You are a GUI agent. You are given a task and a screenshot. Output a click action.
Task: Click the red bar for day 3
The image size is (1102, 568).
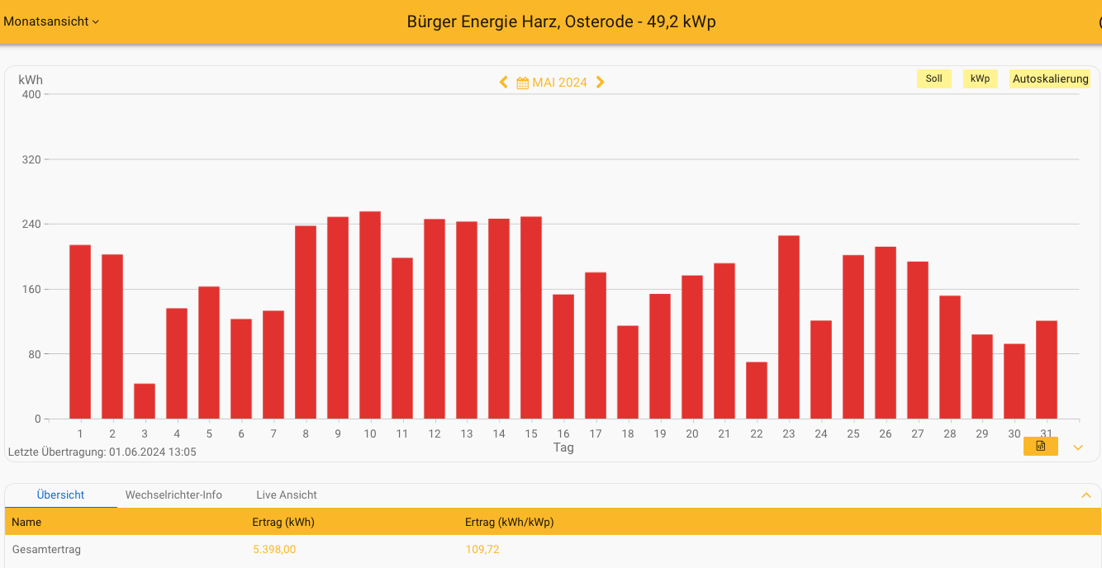tap(145, 401)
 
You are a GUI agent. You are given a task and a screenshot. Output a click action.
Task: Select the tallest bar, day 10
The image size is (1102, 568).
tap(370, 315)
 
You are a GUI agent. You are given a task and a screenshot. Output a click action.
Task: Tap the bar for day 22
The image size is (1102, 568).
tap(757, 390)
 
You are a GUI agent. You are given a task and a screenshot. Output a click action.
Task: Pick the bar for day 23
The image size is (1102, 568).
tap(789, 327)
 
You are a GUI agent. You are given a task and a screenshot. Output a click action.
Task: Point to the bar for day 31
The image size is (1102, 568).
tap(1047, 370)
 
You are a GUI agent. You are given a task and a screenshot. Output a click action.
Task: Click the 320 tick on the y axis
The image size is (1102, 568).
tap(31, 159)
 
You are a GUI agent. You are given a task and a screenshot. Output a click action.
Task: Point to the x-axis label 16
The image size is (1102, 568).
tap(563, 434)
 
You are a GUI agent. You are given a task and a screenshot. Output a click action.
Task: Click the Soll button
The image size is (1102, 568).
tap(933, 79)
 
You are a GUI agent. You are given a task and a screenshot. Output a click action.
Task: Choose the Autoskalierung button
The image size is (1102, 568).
tap(1051, 79)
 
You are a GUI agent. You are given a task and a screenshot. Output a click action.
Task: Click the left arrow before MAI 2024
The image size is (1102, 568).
tap(503, 83)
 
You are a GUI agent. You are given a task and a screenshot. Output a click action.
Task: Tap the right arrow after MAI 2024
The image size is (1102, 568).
tap(601, 83)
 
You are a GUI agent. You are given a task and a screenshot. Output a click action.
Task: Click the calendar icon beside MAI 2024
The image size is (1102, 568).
tap(522, 83)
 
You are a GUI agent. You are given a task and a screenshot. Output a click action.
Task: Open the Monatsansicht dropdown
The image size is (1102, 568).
tap(51, 21)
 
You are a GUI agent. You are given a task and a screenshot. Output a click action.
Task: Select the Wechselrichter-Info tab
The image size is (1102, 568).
tap(173, 495)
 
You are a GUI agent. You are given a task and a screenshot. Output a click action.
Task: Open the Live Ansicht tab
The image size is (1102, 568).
tap(287, 495)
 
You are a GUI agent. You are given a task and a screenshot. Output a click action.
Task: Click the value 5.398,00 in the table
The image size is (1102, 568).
tap(274, 550)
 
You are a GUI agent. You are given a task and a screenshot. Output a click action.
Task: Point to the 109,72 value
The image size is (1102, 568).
tap(482, 550)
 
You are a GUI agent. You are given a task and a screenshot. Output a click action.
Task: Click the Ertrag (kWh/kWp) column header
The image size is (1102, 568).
tap(509, 523)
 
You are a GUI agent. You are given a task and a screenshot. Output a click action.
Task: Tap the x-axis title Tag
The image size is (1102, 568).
tap(563, 447)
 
